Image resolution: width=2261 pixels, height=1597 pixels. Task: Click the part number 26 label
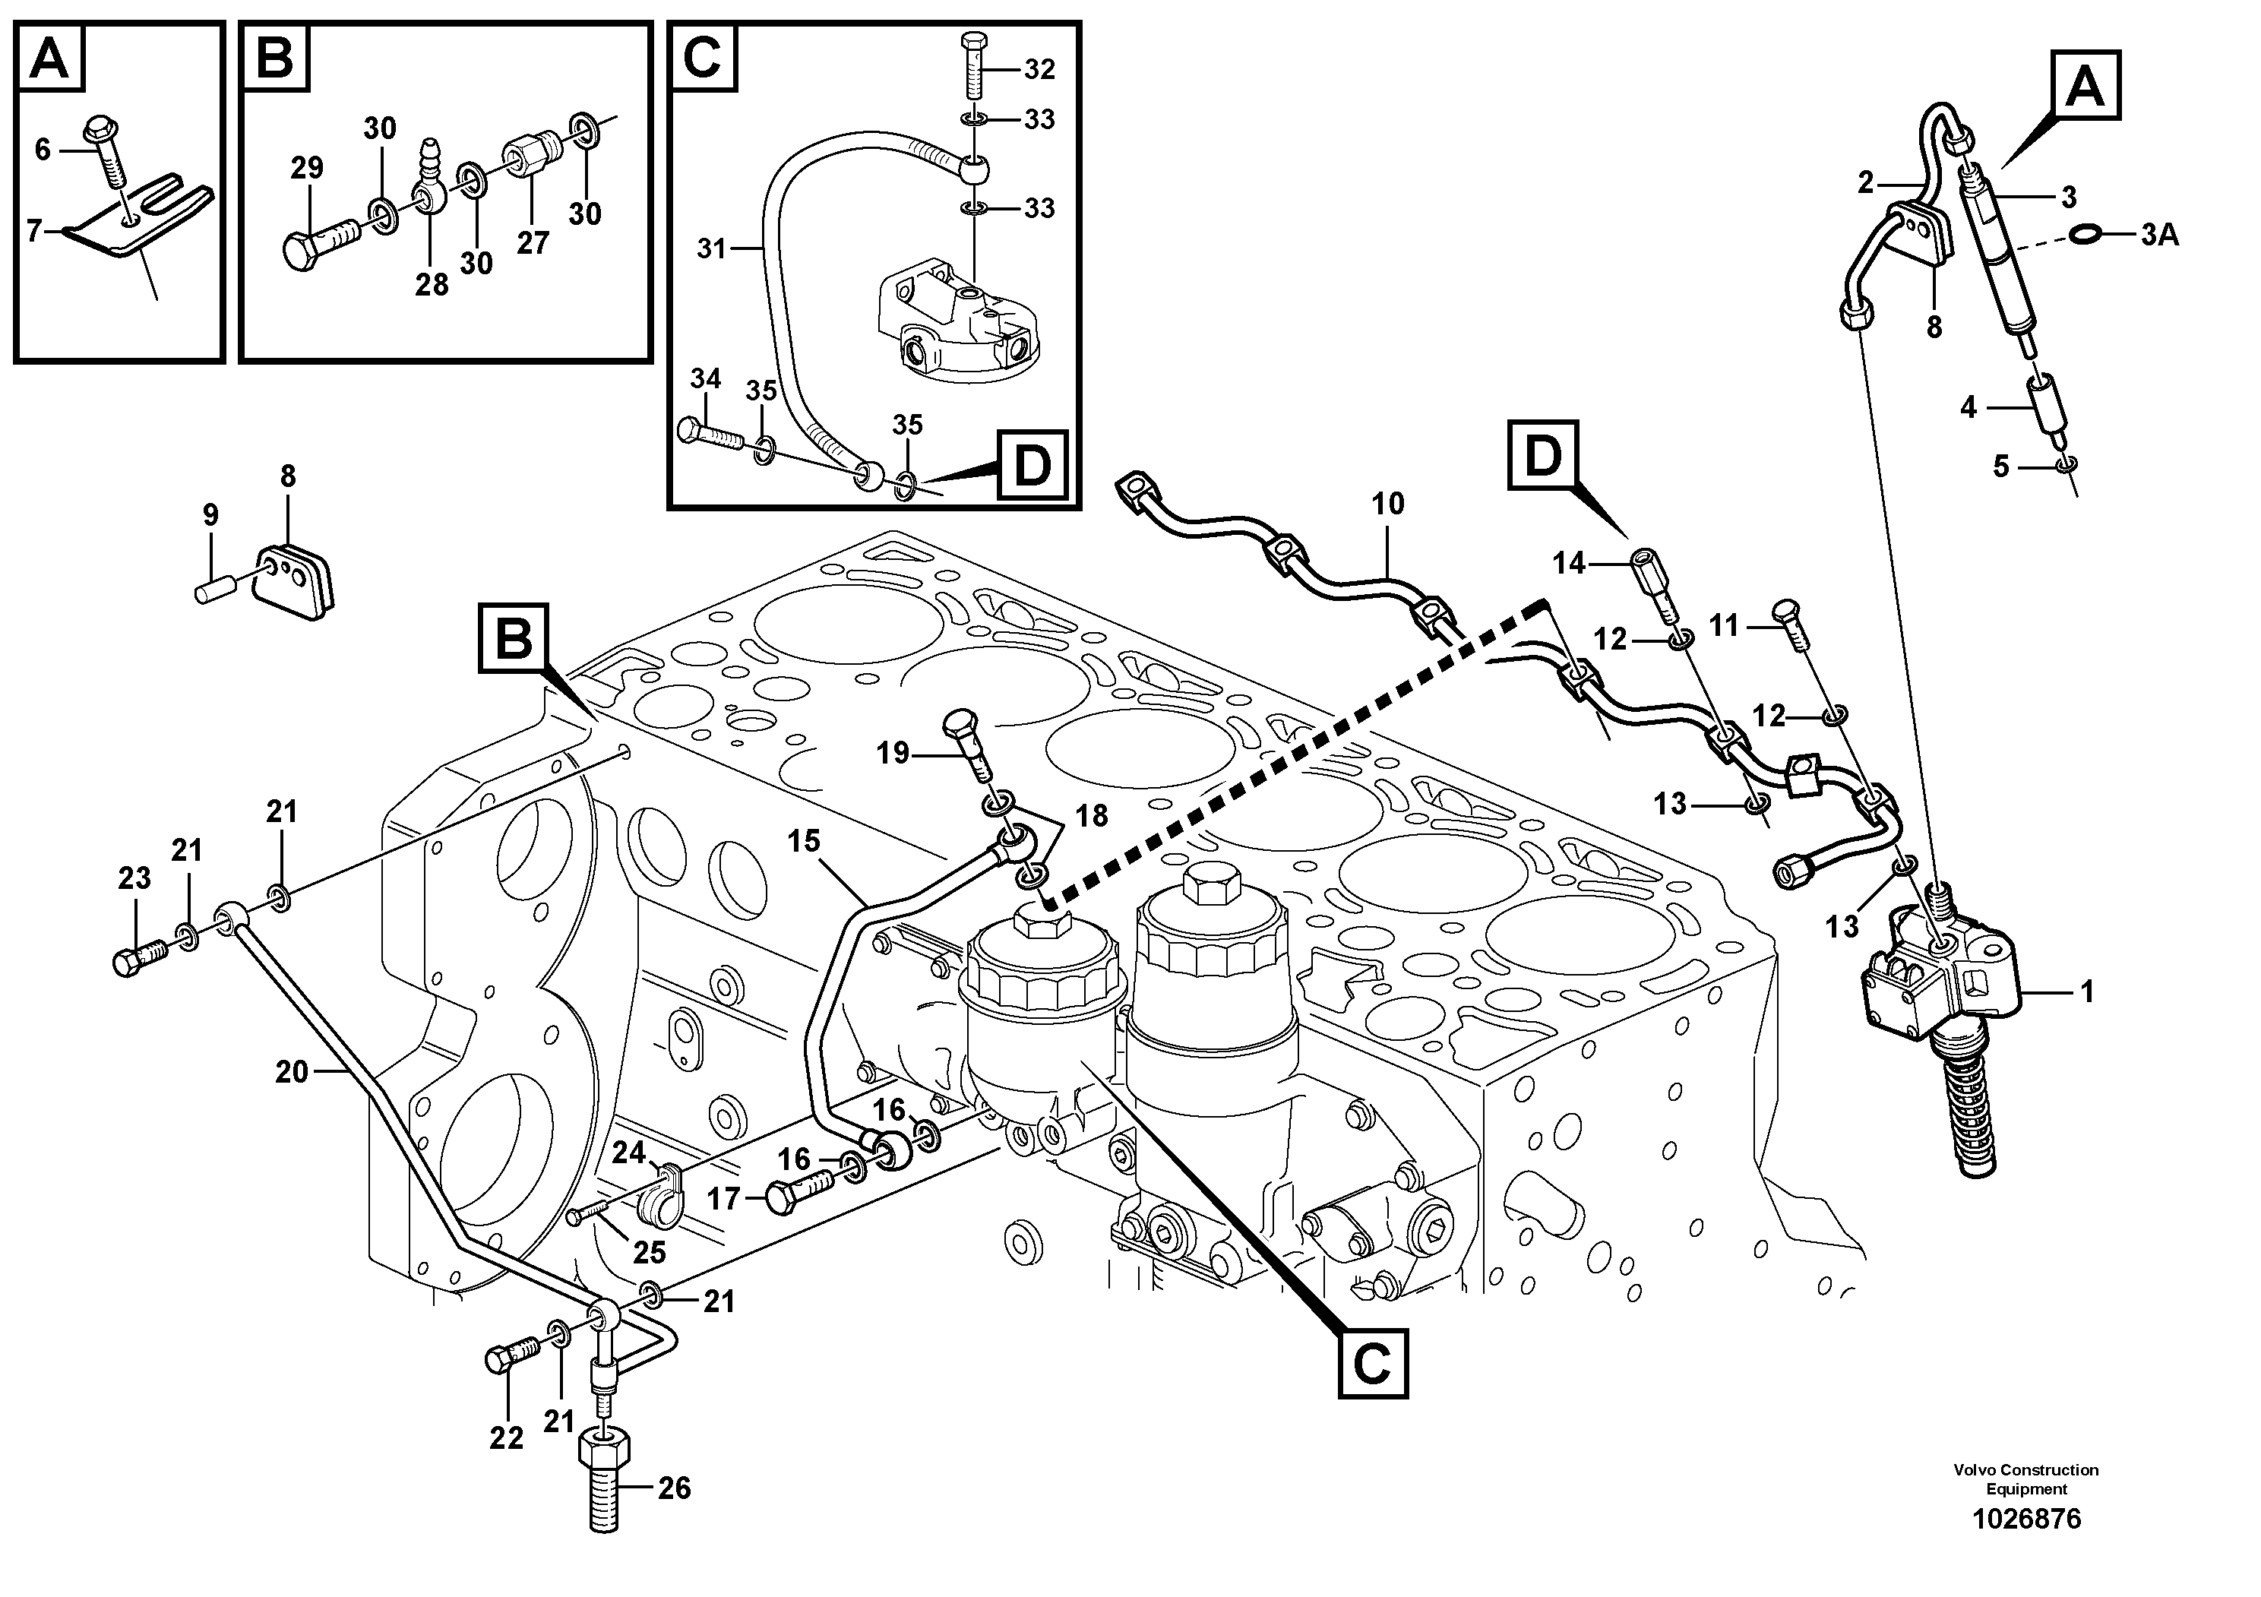(x=675, y=1488)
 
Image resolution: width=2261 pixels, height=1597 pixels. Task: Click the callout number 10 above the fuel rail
(x=1387, y=504)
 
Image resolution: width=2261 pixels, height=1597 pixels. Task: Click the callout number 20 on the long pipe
(x=292, y=1071)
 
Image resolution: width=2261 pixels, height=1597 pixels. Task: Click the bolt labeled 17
(x=802, y=1195)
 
